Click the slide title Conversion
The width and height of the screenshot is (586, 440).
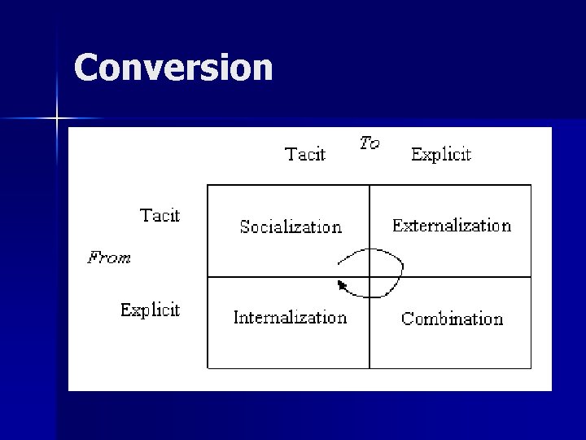coord(173,68)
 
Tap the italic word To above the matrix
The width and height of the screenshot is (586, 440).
coord(370,143)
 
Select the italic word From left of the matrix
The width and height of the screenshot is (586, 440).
coord(109,258)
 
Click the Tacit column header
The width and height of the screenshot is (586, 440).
coord(305,154)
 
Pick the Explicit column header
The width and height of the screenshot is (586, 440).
coord(440,154)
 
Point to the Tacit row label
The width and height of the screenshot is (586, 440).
coord(160,215)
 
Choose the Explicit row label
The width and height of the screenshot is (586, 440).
coord(150,310)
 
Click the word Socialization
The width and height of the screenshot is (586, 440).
coord(291,227)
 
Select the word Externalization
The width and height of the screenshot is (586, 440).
coord(451,226)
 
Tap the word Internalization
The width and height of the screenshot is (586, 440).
coord(290,318)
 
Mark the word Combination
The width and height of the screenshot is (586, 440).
coord(452,319)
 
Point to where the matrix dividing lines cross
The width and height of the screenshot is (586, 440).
coord(370,277)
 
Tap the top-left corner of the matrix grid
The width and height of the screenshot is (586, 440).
coord(208,186)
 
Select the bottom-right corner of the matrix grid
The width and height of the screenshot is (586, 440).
coord(531,368)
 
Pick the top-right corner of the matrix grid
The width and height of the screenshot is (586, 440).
coord(531,186)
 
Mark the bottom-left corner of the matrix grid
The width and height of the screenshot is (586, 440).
coord(208,368)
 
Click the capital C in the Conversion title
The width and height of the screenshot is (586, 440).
coord(86,68)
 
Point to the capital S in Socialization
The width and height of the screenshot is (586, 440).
coord(245,227)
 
